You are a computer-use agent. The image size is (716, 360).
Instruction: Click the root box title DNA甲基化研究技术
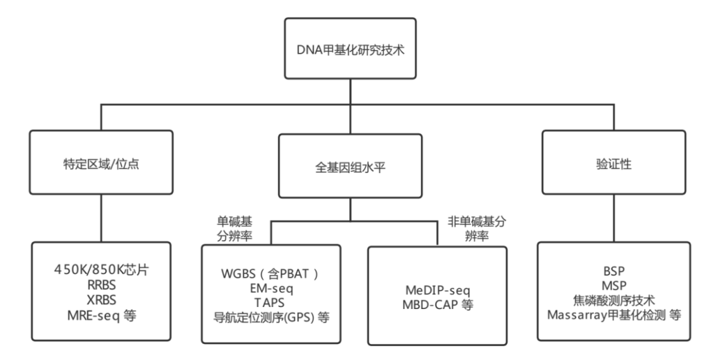pos(350,49)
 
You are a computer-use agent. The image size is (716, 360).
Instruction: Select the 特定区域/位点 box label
pos(101,164)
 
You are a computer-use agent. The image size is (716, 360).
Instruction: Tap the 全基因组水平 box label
pos(350,167)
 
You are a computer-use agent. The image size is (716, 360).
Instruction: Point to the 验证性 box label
pos(614,164)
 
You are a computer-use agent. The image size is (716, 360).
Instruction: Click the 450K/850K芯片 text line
pos(101,270)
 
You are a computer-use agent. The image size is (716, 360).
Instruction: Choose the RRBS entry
pos(101,285)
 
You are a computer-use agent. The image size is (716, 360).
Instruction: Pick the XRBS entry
pos(101,300)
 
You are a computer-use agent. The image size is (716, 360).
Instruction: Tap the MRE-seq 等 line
pos(101,315)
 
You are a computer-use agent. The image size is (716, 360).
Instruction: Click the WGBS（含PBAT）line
pos(270,273)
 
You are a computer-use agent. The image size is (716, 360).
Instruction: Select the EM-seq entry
pos(271,288)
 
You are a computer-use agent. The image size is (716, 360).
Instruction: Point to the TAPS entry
pos(271,302)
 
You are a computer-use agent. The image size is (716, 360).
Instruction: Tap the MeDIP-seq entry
pos(438,290)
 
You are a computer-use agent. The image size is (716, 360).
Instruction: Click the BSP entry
pos(614,271)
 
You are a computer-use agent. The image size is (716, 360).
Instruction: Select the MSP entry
pos(614,286)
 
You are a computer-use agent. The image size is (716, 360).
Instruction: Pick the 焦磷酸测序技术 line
pos(614,300)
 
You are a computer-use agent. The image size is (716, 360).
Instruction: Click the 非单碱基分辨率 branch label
pos(477,229)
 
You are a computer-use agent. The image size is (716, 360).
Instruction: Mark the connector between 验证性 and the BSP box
pos(614,218)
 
